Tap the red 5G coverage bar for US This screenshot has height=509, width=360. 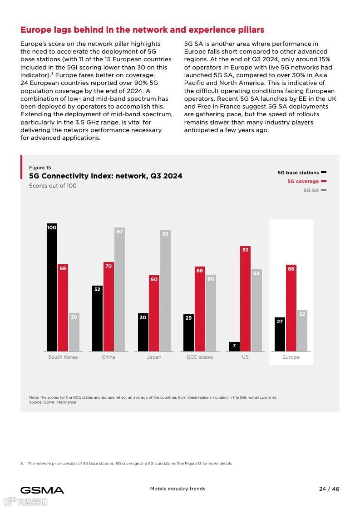point(245,298)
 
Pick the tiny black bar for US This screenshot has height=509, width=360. point(234,346)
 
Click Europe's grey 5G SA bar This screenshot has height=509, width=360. point(302,331)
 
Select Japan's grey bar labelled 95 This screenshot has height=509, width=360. point(165,290)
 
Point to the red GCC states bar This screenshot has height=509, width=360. point(200,309)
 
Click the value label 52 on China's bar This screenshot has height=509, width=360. point(97,289)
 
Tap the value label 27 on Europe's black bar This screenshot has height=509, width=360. point(280,321)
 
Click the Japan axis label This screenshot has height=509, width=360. point(154,357)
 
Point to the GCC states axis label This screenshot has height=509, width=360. point(200,357)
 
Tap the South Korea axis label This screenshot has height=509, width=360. point(63,357)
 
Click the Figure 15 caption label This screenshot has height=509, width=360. point(40,168)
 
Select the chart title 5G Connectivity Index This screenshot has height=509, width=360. point(105,176)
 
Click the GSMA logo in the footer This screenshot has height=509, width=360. point(42,490)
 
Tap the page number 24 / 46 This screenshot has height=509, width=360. point(329,489)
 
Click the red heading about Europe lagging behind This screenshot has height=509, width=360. point(142,30)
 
